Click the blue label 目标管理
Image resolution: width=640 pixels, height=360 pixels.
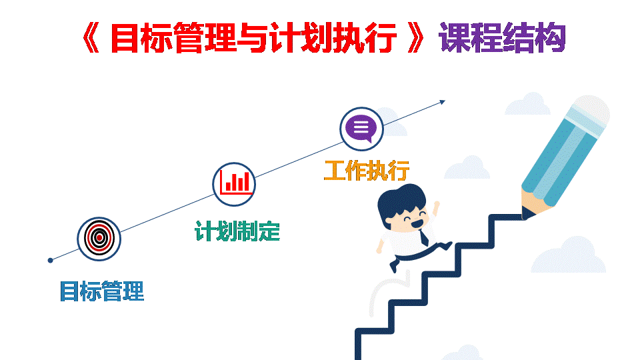coord(102,291)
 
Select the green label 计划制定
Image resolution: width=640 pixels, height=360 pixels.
coord(237,231)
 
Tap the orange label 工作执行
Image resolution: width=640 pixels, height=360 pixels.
coord(367,171)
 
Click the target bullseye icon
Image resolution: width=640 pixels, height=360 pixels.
coord(99,239)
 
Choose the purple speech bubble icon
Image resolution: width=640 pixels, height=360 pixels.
coord(361,129)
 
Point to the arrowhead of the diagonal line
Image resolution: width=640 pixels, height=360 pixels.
coord(443,101)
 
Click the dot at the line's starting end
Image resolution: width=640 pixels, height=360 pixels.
coord(51,261)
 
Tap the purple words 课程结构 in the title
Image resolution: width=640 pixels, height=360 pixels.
coord(502,38)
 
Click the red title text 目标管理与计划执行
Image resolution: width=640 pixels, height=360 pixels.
coord(253,38)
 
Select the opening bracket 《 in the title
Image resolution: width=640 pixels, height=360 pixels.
coord(91,38)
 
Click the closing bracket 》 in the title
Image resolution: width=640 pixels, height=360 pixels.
coord(416,38)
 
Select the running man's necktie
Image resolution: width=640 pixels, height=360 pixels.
coord(424,237)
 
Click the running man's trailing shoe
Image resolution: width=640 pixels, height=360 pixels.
coord(394,266)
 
